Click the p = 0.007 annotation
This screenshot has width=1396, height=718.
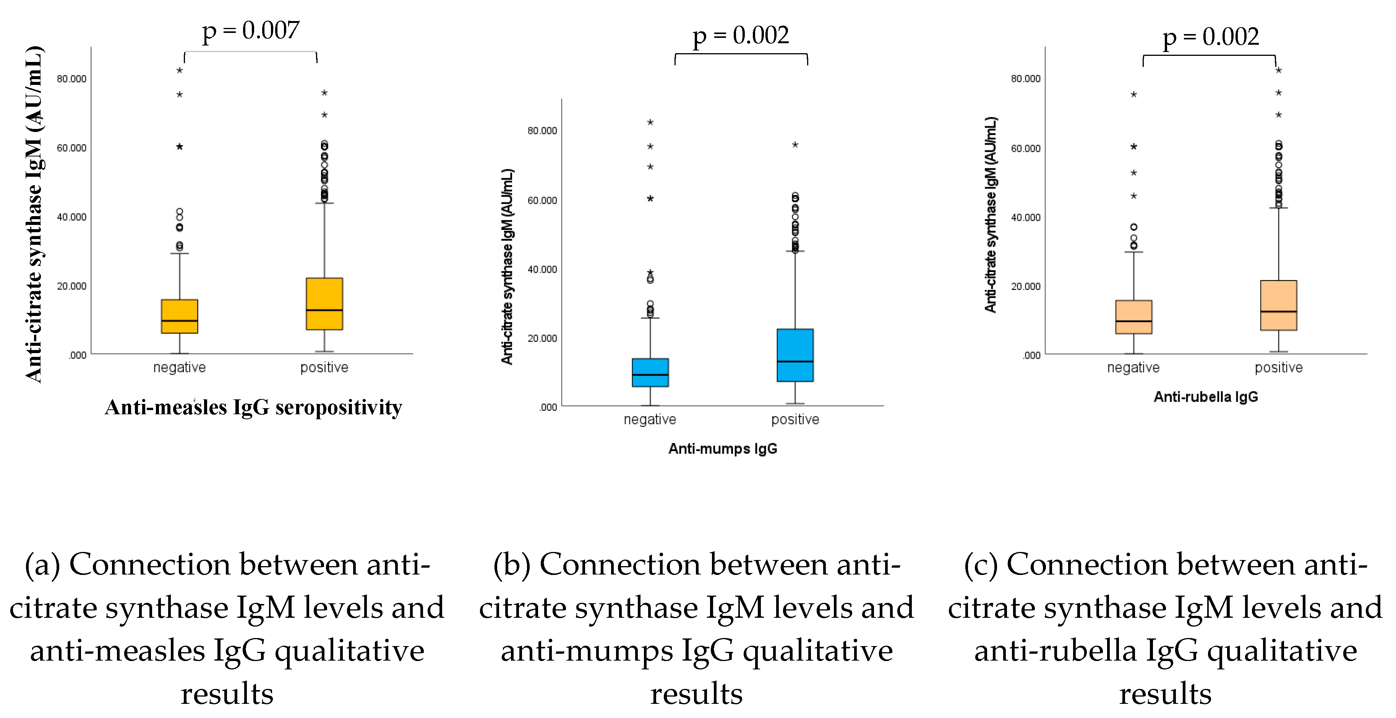(250, 31)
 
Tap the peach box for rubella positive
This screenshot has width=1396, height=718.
(1278, 305)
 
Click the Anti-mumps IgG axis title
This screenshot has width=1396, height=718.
(722, 448)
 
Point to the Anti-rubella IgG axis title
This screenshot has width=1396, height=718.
(1205, 397)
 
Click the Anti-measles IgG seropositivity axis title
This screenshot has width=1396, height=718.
(253, 407)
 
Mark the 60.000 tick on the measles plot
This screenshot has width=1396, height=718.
(71, 148)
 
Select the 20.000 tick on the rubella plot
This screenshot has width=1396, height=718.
(1025, 287)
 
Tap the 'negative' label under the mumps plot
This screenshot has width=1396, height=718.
(650, 419)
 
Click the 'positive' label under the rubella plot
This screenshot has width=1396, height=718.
(1278, 368)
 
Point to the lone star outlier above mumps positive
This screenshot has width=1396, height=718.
(794, 145)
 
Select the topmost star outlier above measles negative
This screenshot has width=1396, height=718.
(179, 70)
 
